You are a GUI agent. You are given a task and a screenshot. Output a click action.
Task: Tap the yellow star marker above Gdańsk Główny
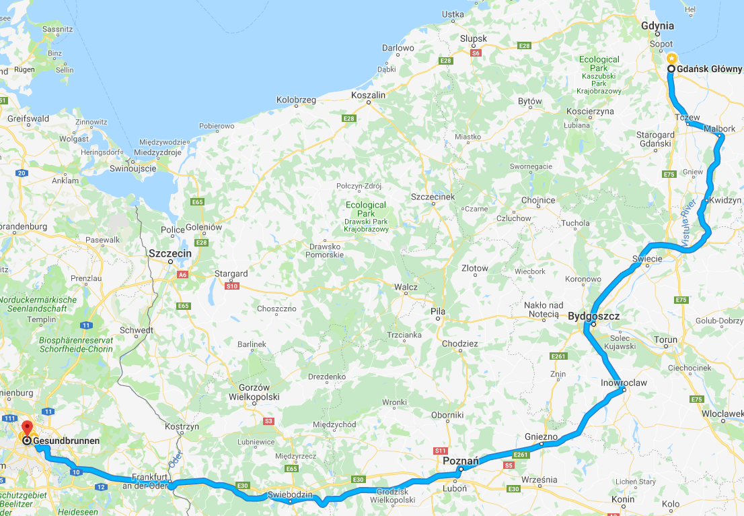671,57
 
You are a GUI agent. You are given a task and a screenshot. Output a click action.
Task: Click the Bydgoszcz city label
593,315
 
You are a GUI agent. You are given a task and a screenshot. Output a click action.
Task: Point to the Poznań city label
461,461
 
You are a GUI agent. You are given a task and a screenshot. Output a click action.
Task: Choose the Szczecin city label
170,253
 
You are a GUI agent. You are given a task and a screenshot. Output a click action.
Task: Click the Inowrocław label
624,383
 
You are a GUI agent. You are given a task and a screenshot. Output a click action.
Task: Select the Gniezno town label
542,437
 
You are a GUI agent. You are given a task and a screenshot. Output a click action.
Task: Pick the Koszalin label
369,96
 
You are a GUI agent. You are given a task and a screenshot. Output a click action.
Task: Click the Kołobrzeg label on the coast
296,100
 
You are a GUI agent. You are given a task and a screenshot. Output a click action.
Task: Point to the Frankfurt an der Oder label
149,481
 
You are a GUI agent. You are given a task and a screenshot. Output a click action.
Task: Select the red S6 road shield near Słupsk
476,53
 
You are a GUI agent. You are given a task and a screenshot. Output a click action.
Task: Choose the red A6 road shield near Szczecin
182,275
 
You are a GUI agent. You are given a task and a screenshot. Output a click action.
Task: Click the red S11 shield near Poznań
441,450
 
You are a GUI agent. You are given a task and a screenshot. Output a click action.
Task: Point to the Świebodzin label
290,494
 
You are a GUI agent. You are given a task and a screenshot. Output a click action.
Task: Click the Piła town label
438,311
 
